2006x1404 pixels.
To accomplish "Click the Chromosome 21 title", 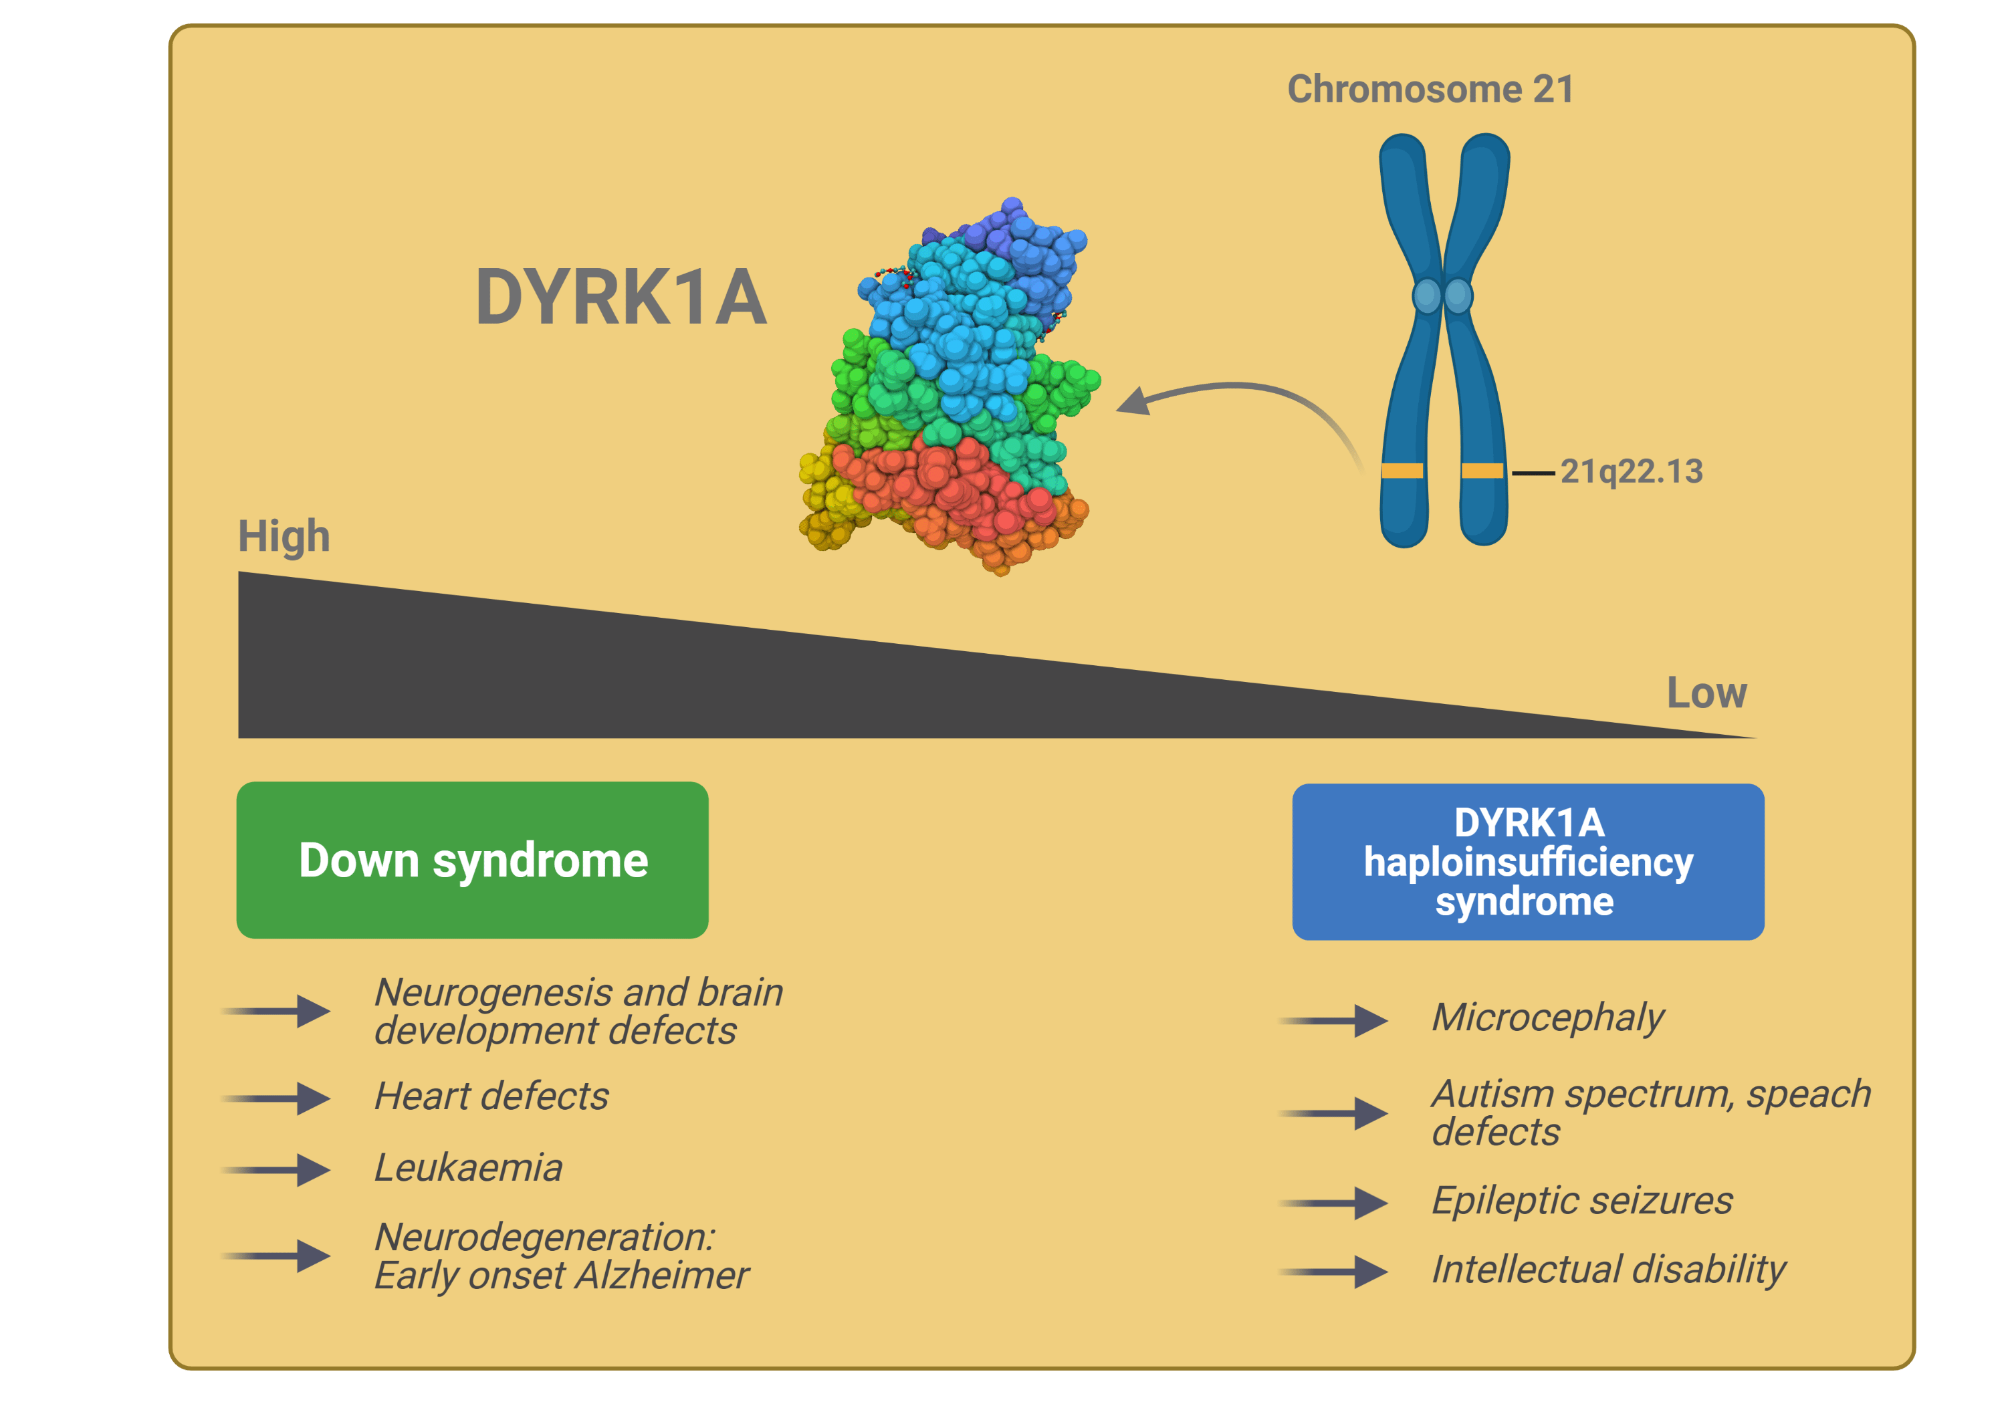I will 1430,89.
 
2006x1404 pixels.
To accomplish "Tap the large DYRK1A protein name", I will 621,298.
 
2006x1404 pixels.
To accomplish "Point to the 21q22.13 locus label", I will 1631,472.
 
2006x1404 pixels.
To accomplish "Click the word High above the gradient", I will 284,536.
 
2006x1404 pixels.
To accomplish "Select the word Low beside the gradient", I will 1706,693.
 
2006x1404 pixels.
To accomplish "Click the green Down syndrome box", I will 472,860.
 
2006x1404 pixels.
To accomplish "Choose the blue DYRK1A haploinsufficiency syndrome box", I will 1528,861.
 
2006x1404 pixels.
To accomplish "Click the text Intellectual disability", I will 1607,1270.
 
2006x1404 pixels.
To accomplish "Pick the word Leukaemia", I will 468,1168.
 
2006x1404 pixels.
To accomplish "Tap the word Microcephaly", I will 1547,1018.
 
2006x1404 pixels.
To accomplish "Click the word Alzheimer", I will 661,1276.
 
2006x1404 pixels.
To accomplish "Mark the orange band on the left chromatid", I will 1402,471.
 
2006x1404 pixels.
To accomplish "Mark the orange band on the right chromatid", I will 1482,471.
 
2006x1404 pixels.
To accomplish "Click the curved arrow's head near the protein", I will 1133,402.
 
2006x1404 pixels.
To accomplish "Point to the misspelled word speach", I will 1809,1094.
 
